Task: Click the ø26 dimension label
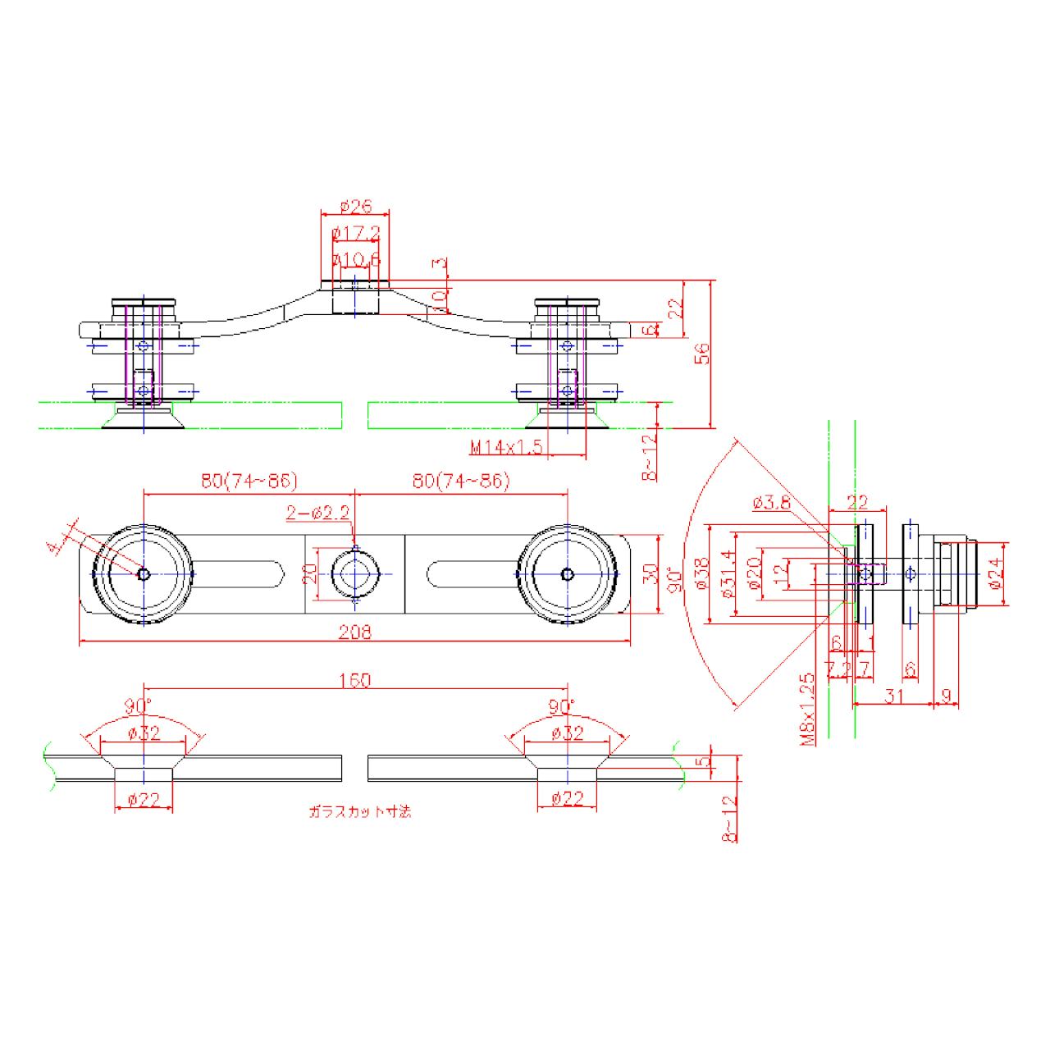(355, 207)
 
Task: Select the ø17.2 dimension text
(356, 235)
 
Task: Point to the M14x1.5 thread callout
(507, 447)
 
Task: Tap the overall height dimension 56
(702, 354)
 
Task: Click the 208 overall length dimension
(355, 631)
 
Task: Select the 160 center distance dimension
(354, 680)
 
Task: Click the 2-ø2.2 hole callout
(317, 514)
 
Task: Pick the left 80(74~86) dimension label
(249, 481)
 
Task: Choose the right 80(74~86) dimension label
(461, 481)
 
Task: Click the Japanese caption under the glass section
(360, 811)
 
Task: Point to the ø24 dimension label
(995, 574)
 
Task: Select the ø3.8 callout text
(771, 503)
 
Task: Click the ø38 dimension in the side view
(701, 574)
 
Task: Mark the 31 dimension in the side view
(894, 696)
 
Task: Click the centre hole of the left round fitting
(144, 574)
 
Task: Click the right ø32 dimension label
(567, 733)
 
